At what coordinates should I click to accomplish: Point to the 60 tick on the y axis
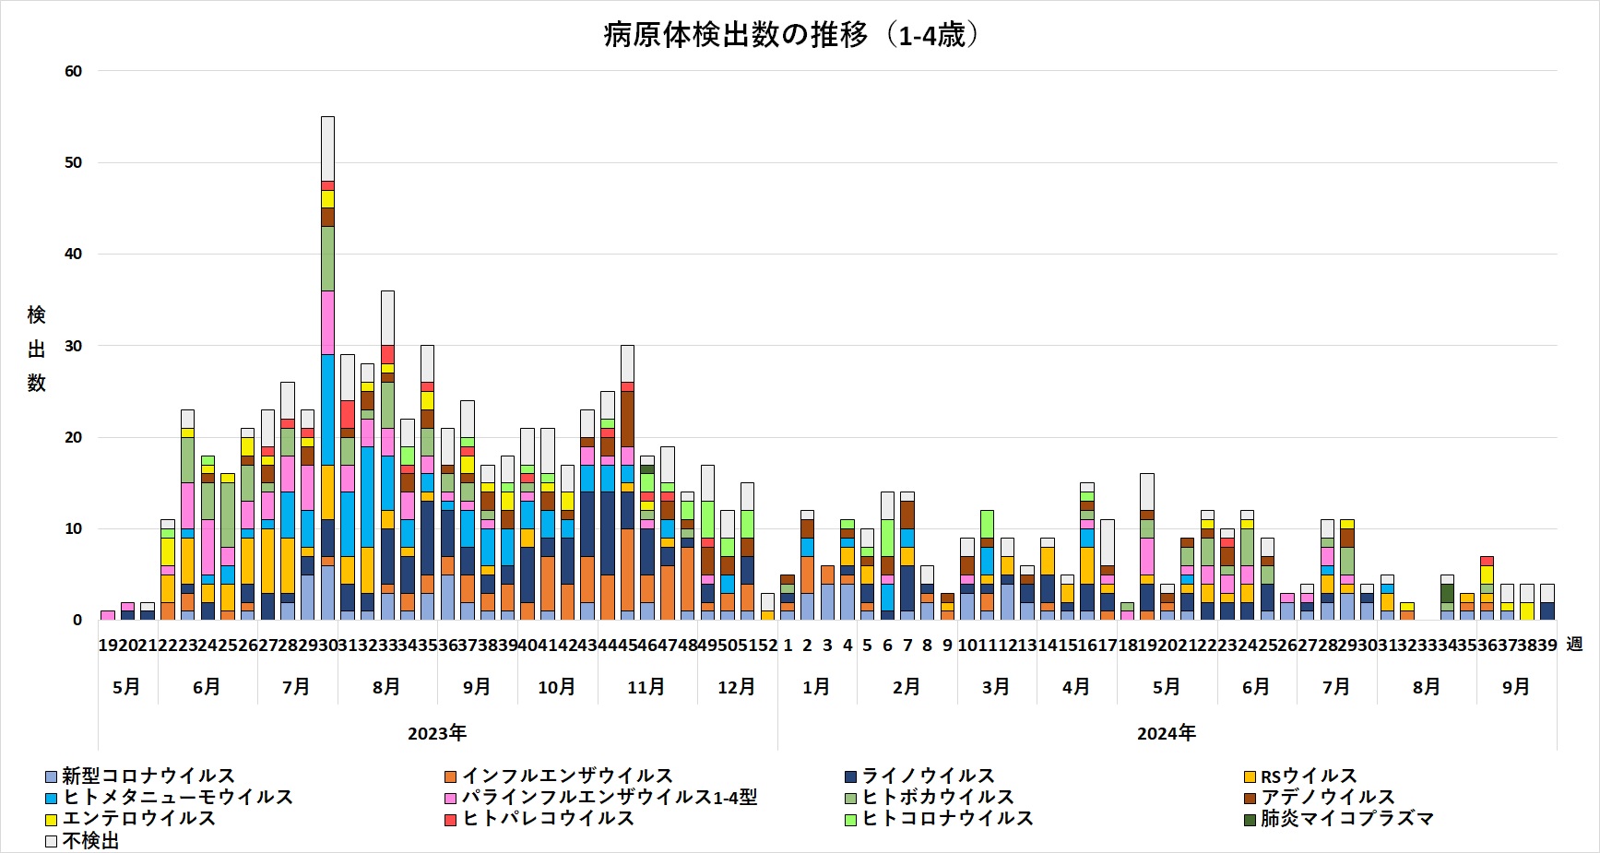(x=73, y=71)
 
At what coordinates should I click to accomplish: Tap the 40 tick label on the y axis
(x=73, y=254)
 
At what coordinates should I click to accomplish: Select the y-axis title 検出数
(x=36, y=349)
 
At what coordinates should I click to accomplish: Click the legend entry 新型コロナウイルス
(x=148, y=776)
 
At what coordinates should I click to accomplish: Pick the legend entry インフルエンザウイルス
(x=566, y=776)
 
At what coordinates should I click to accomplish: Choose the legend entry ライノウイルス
(x=927, y=776)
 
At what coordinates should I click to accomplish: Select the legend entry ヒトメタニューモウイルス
(x=177, y=797)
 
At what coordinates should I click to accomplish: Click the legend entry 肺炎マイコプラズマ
(x=1345, y=818)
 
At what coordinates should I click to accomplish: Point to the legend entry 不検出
(x=90, y=840)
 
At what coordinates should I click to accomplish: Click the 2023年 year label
(x=437, y=733)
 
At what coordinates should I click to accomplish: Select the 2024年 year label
(x=1166, y=733)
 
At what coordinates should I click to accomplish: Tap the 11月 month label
(x=646, y=687)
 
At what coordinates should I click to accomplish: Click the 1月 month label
(x=816, y=687)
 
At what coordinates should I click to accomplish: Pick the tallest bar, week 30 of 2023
(x=327, y=369)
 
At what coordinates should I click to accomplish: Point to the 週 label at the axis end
(x=1574, y=645)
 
